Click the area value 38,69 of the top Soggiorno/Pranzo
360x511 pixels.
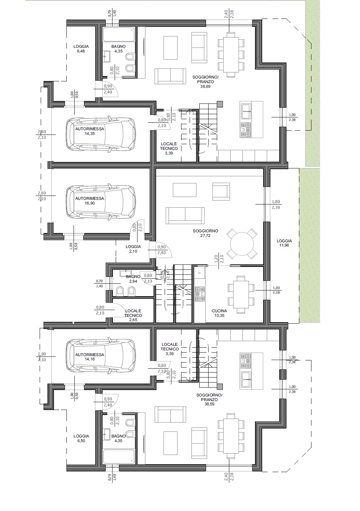pos(205,86)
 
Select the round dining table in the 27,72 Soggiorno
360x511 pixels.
pos(242,244)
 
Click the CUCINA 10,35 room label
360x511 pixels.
pos(219,313)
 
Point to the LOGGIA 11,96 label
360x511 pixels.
pos(284,243)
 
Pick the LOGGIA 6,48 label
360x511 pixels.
pos(81,49)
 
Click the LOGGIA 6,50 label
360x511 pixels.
pos(81,438)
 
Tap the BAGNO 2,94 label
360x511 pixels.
pos(133,279)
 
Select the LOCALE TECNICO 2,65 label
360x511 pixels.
pos(133,315)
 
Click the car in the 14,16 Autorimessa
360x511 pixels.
pos(101,357)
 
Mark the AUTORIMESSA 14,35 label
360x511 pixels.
pos(90,131)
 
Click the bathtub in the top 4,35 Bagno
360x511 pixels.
pos(119,34)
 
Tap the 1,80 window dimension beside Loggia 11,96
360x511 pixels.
pos(276,202)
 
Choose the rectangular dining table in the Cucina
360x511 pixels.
pos(241,294)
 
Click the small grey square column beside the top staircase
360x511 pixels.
pos(220,104)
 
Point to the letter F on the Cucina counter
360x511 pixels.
pos(200,273)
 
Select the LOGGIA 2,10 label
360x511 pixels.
pos(133,249)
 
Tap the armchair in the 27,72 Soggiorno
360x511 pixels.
pos(221,191)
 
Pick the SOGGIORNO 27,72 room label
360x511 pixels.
pos(205,233)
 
